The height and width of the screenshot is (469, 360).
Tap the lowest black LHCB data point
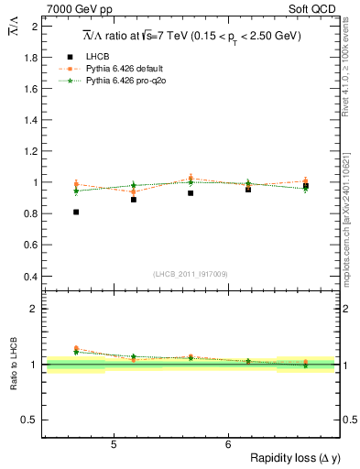(x=76, y=212)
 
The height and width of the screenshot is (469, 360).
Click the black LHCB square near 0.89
(x=134, y=199)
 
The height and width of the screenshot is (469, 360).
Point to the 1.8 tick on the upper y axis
(x=31, y=57)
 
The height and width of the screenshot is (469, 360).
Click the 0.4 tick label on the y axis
(x=31, y=277)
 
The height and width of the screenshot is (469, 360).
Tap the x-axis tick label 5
(x=113, y=445)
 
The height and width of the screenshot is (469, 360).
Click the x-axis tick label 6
(x=227, y=445)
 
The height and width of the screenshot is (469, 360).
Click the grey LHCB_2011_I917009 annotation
(x=191, y=274)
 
